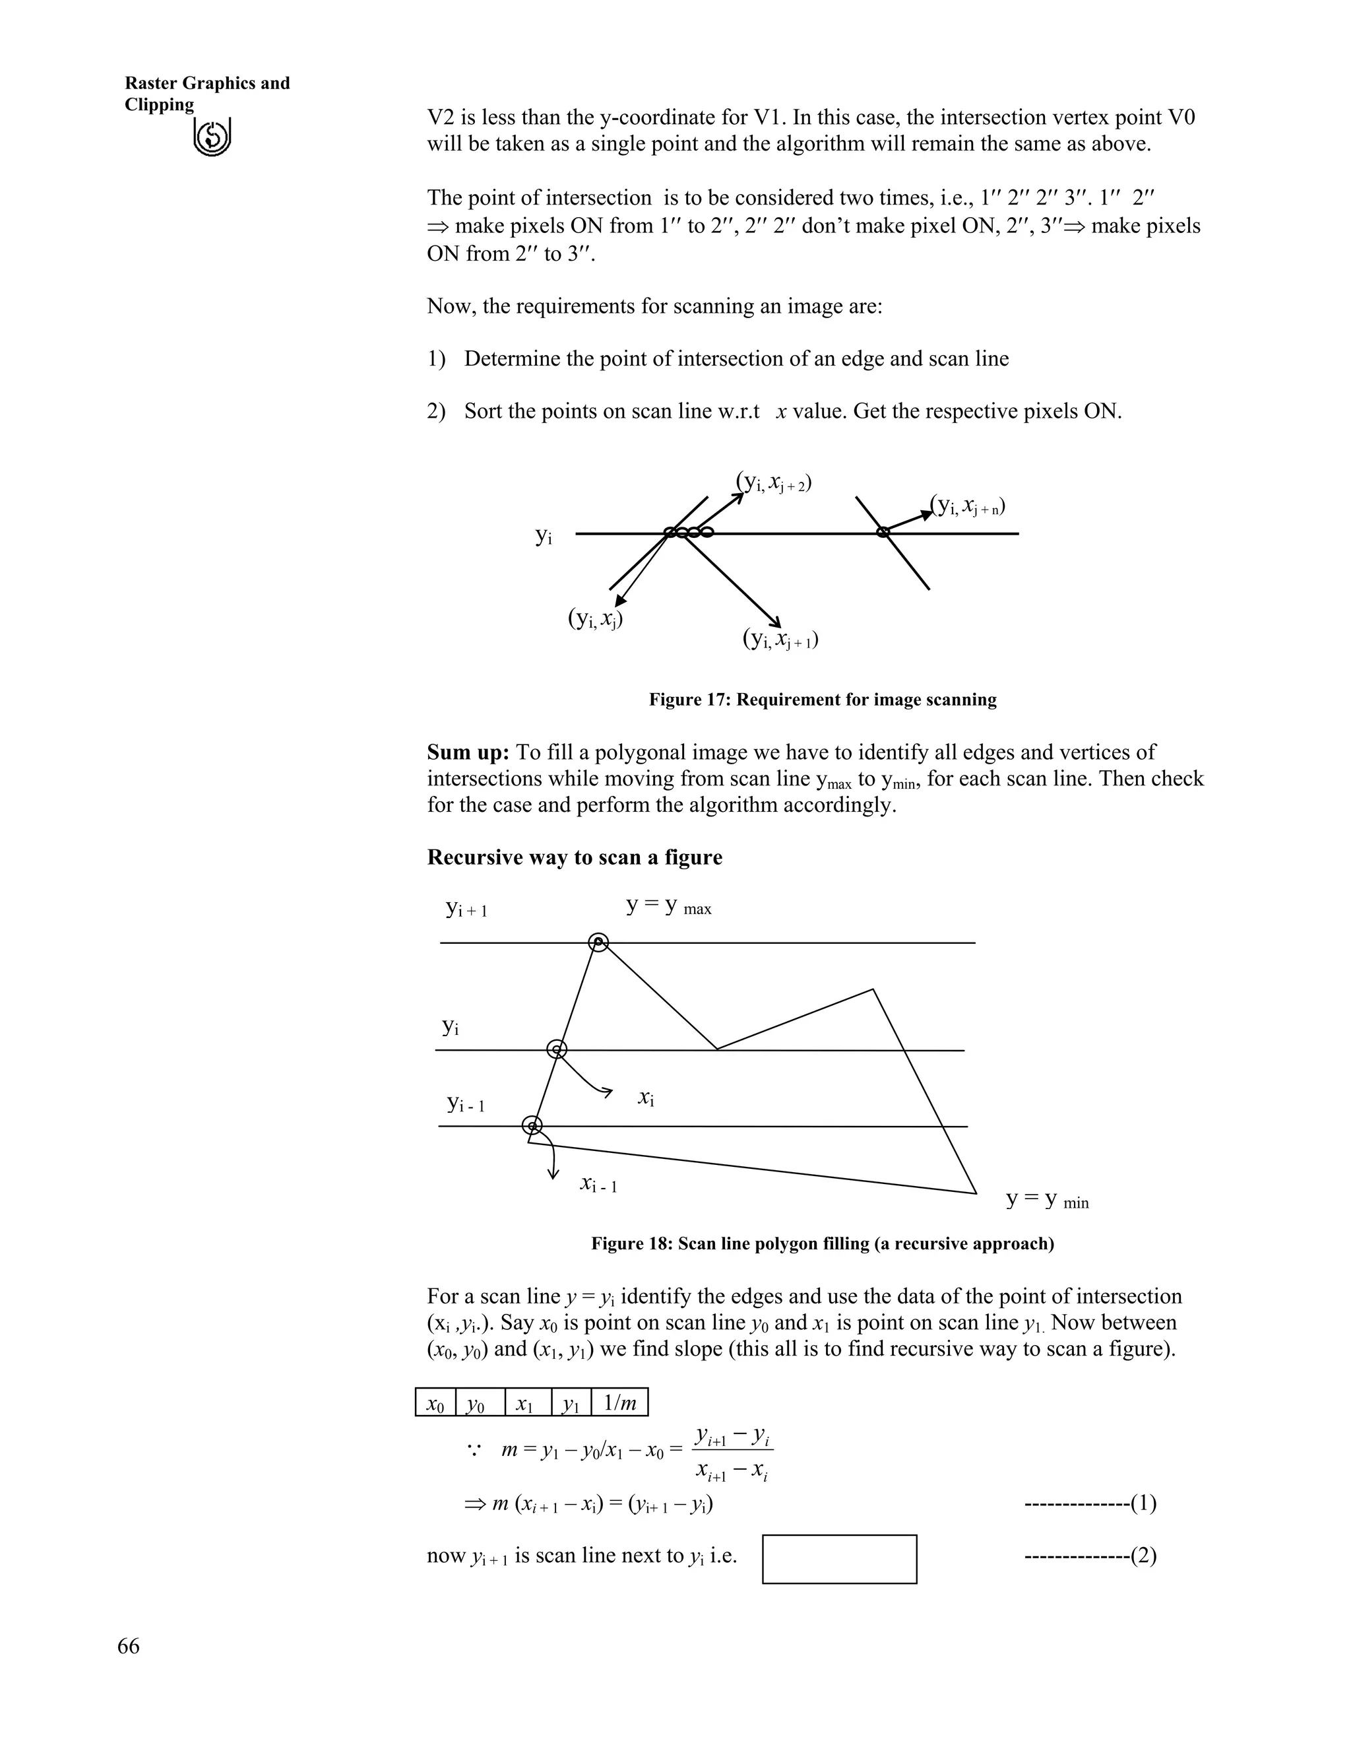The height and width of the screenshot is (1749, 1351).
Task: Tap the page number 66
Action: point(128,1645)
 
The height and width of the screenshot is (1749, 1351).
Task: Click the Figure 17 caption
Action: point(822,700)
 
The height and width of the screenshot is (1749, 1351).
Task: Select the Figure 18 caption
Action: point(822,1243)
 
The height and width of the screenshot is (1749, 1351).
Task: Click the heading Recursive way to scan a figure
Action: point(574,858)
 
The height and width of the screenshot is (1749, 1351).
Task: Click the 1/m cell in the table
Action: point(619,1402)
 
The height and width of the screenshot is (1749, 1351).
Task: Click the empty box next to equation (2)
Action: point(839,1558)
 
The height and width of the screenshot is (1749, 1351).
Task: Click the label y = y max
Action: point(668,907)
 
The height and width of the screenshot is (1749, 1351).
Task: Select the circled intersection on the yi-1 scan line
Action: point(532,1126)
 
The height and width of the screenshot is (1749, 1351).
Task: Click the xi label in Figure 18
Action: point(646,1098)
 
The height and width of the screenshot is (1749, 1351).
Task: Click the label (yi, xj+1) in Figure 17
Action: point(780,639)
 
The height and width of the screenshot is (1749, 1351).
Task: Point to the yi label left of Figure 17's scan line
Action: point(544,536)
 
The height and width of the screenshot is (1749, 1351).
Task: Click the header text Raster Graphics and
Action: point(207,83)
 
